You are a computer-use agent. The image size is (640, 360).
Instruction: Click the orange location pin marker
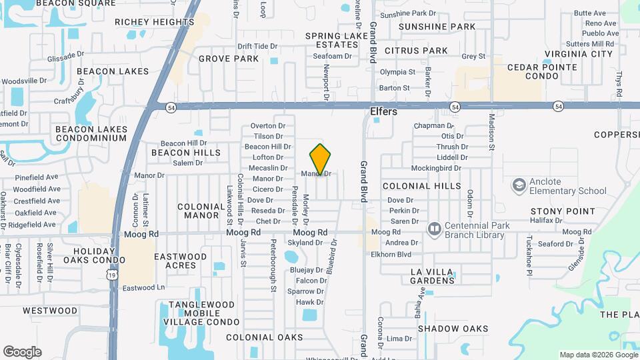tap(321, 159)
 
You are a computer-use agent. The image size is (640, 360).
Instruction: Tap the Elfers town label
tap(383, 112)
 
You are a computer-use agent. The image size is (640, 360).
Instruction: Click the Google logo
tap(22, 351)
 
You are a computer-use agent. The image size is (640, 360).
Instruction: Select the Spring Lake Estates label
tap(337, 40)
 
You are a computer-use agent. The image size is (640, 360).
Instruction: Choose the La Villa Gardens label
tap(431, 276)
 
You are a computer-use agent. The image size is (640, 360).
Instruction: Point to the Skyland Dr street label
tap(305, 243)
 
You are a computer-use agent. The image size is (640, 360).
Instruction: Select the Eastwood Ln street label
tap(143, 288)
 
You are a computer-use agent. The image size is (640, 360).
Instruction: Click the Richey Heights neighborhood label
tap(154, 21)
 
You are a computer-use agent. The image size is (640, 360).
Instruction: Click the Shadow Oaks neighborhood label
tap(453, 329)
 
